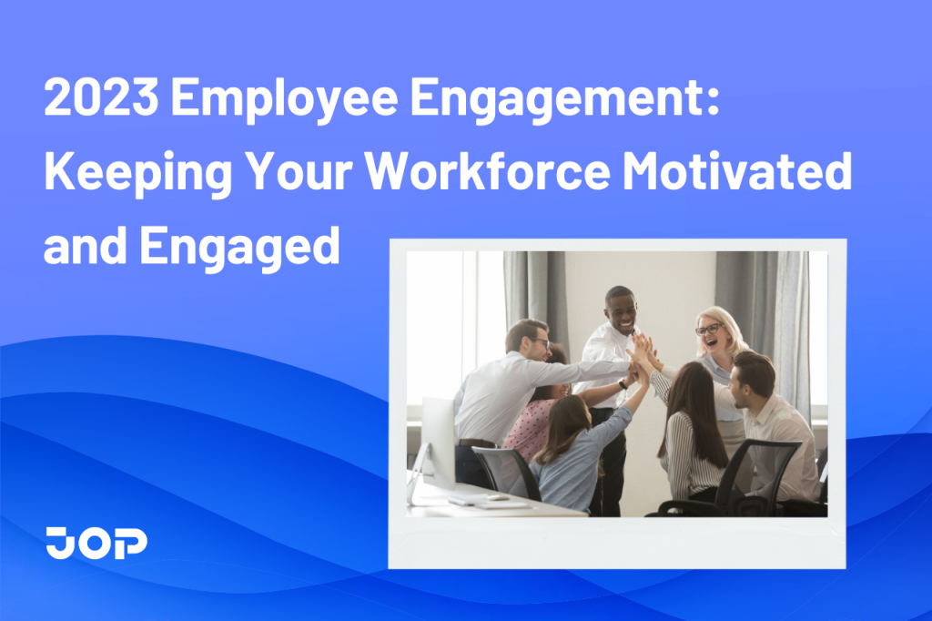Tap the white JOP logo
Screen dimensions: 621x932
(x=96, y=543)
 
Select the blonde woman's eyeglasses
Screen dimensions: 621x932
(x=709, y=329)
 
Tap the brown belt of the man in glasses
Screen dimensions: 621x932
(x=475, y=443)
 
